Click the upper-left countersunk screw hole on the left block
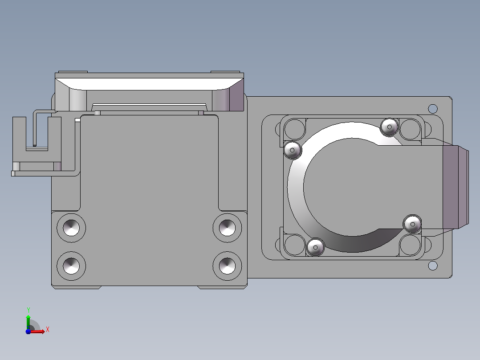(x=71, y=228)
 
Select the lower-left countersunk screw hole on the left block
(x=71, y=266)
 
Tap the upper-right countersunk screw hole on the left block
(x=227, y=228)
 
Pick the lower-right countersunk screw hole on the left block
(x=227, y=266)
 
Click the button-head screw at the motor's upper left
(x=293, y=150)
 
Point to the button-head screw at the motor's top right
(x=389, y=127)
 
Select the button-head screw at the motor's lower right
(x=412, y=224)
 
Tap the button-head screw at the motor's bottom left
(x=315, y=247)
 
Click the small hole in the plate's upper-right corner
(x=432, y=109)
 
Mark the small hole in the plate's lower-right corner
(x=432, y=266)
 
